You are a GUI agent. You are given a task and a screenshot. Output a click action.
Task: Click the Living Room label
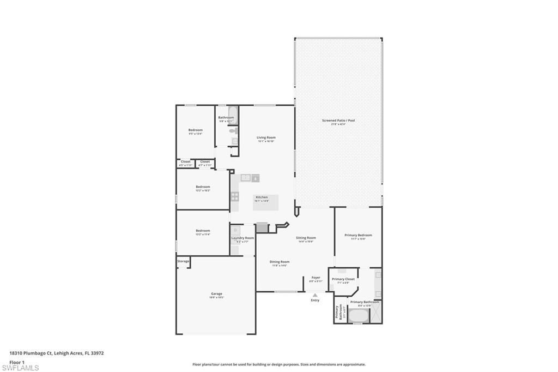coord(266,137)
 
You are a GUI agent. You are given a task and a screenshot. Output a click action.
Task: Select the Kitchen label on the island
coord(262,197)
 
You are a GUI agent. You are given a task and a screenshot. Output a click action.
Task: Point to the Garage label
coord(216,293)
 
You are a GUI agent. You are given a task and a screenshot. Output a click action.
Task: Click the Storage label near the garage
coord(183,261)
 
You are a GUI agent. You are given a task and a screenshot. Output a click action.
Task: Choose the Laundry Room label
coord(242,238)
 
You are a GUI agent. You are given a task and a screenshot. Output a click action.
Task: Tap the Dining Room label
coord(280,262)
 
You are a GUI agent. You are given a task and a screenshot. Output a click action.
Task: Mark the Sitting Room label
coord(306,238)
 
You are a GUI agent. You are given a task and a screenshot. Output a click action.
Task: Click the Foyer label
coord(316,277)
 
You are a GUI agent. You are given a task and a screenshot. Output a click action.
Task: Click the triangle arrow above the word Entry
coord(315,295)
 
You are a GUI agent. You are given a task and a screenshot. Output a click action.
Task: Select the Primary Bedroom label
coord(358,235)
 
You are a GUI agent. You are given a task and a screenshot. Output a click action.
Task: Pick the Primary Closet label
coord(343,279)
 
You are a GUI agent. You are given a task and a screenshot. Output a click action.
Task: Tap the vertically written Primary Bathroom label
coord(338,313)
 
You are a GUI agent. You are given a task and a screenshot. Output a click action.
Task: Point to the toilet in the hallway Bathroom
coord(233,131)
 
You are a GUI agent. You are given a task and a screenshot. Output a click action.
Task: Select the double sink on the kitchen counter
coord(246,177)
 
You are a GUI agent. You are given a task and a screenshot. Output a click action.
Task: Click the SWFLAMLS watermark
coord(20,367)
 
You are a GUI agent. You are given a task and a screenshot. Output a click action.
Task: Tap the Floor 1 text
coord(17,362)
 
